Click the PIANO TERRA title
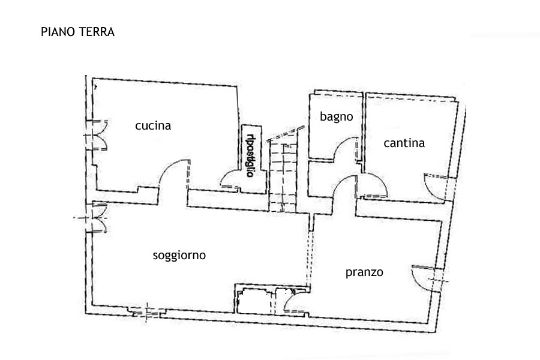[x=77, y=32]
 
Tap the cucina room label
[x=153, y=126]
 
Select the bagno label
[x=336, y=118]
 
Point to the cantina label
[x=404, y=143]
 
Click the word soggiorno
[x=179, y=256]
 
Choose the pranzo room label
[x=364, y=272]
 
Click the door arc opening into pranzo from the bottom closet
[x=295, y=300]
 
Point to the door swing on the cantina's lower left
[x=376, y=186]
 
